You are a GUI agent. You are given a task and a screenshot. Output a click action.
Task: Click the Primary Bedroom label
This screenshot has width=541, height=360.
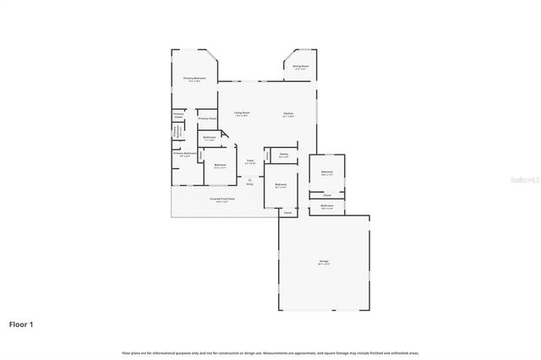click(x=195, y=79)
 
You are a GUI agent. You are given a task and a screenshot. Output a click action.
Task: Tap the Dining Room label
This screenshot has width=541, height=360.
click(x=300, y=66)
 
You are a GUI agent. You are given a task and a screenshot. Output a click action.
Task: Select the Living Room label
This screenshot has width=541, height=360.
click(x=241, y=113)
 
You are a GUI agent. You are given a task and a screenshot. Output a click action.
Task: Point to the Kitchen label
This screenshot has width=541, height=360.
click(x=288, y=114)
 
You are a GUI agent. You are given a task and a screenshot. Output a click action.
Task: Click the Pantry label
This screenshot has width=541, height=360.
click(x=284, y=155)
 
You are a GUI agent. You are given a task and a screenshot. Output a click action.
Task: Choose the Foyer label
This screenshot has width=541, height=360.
click(x=250, y=161)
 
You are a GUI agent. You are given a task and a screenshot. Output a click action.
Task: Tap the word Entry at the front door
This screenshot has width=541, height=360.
click(x=250, y=184)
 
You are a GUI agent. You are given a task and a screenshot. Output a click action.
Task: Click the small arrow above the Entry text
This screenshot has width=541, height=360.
click(x=250, y=178)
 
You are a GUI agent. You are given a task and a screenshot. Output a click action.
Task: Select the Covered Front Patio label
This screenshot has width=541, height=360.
click(x=222, y=199)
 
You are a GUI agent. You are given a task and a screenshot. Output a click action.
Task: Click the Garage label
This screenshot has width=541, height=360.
click(x=324, y=262)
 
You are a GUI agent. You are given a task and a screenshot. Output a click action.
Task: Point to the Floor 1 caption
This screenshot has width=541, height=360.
click(x=21, y=324)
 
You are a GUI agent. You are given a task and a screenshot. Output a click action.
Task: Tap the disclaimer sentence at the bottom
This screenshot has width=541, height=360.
click(x=270, y=352)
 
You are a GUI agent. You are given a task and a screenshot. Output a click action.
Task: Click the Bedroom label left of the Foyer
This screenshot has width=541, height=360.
click(x=220, y=166)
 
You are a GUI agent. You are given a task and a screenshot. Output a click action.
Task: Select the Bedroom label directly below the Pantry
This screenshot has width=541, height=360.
click(x=281, y=185)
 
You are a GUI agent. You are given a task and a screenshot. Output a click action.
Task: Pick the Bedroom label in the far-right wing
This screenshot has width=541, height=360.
click(x=326, y=172)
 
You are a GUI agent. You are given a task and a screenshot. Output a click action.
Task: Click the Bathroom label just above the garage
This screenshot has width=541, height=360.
click(x=326, y=206)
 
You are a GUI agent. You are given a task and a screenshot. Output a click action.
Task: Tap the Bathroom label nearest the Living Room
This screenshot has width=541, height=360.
click(x=210, y=138)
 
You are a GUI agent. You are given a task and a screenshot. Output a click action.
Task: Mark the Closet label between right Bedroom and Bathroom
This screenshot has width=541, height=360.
click(x=326, y=194)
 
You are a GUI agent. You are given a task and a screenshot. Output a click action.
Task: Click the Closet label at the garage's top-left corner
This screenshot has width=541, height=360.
click(x=287, y=213)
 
